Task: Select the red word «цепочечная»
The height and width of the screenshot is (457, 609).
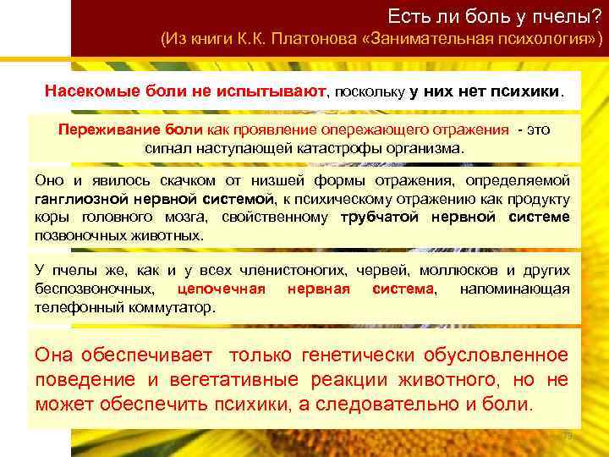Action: pyautogui.click(x=222, y=289)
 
